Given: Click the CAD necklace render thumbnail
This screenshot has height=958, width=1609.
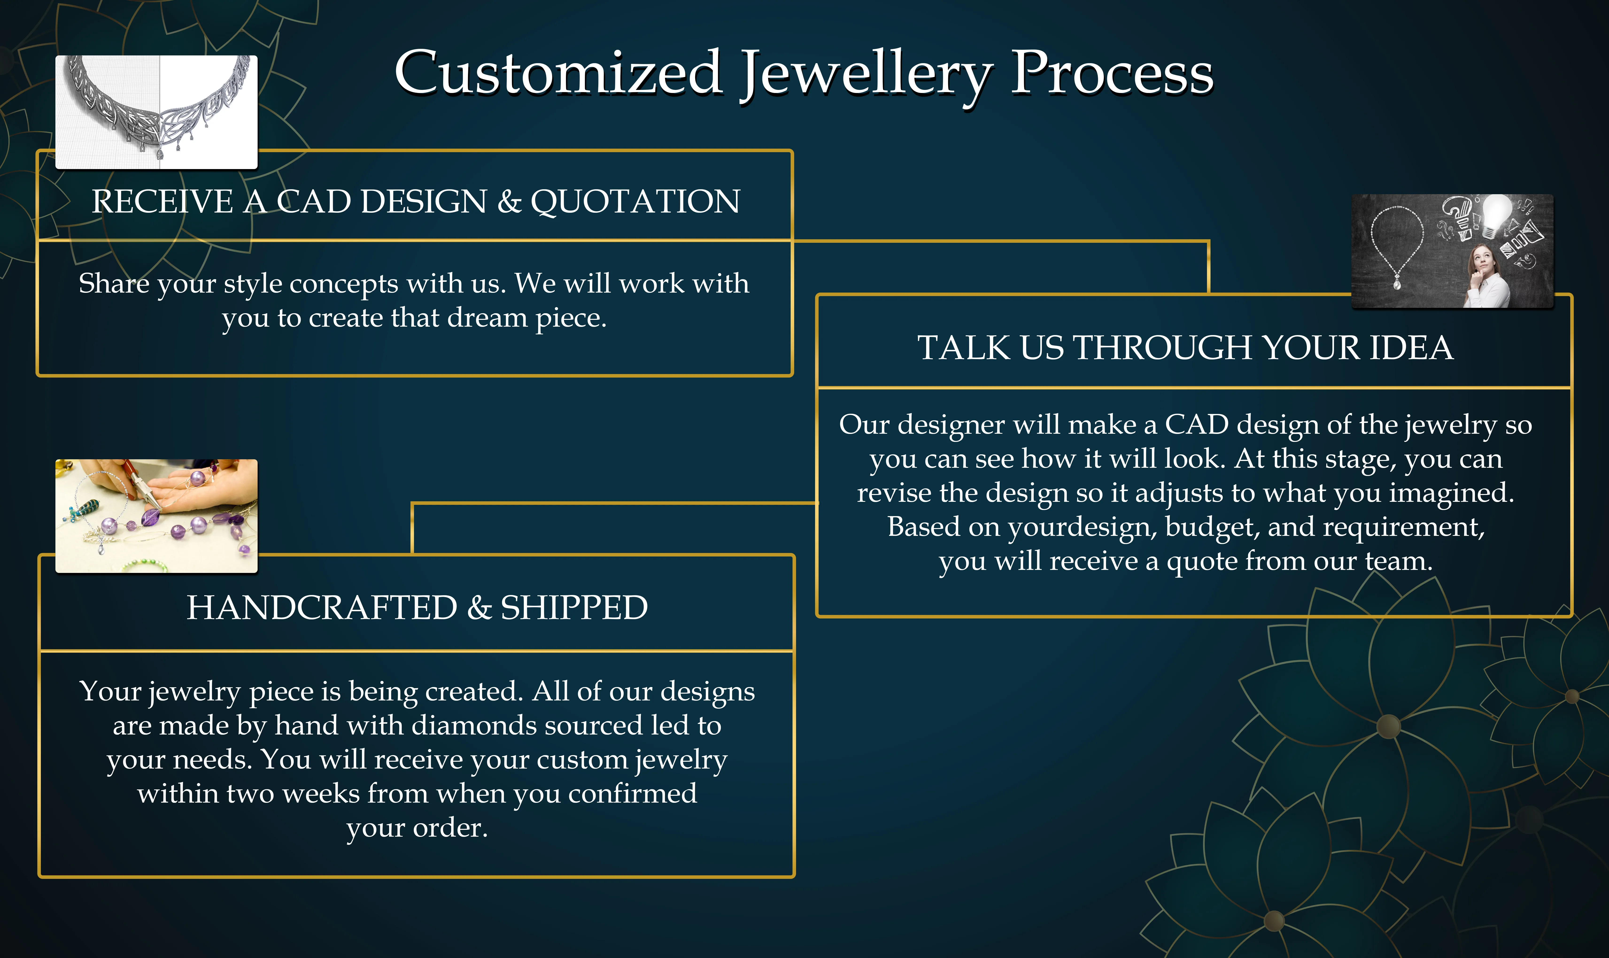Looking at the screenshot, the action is coord(156,112).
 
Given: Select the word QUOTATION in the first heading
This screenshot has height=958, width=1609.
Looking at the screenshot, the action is coord(636,201).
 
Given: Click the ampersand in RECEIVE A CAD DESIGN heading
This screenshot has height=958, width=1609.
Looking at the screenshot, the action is coord(509,201).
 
